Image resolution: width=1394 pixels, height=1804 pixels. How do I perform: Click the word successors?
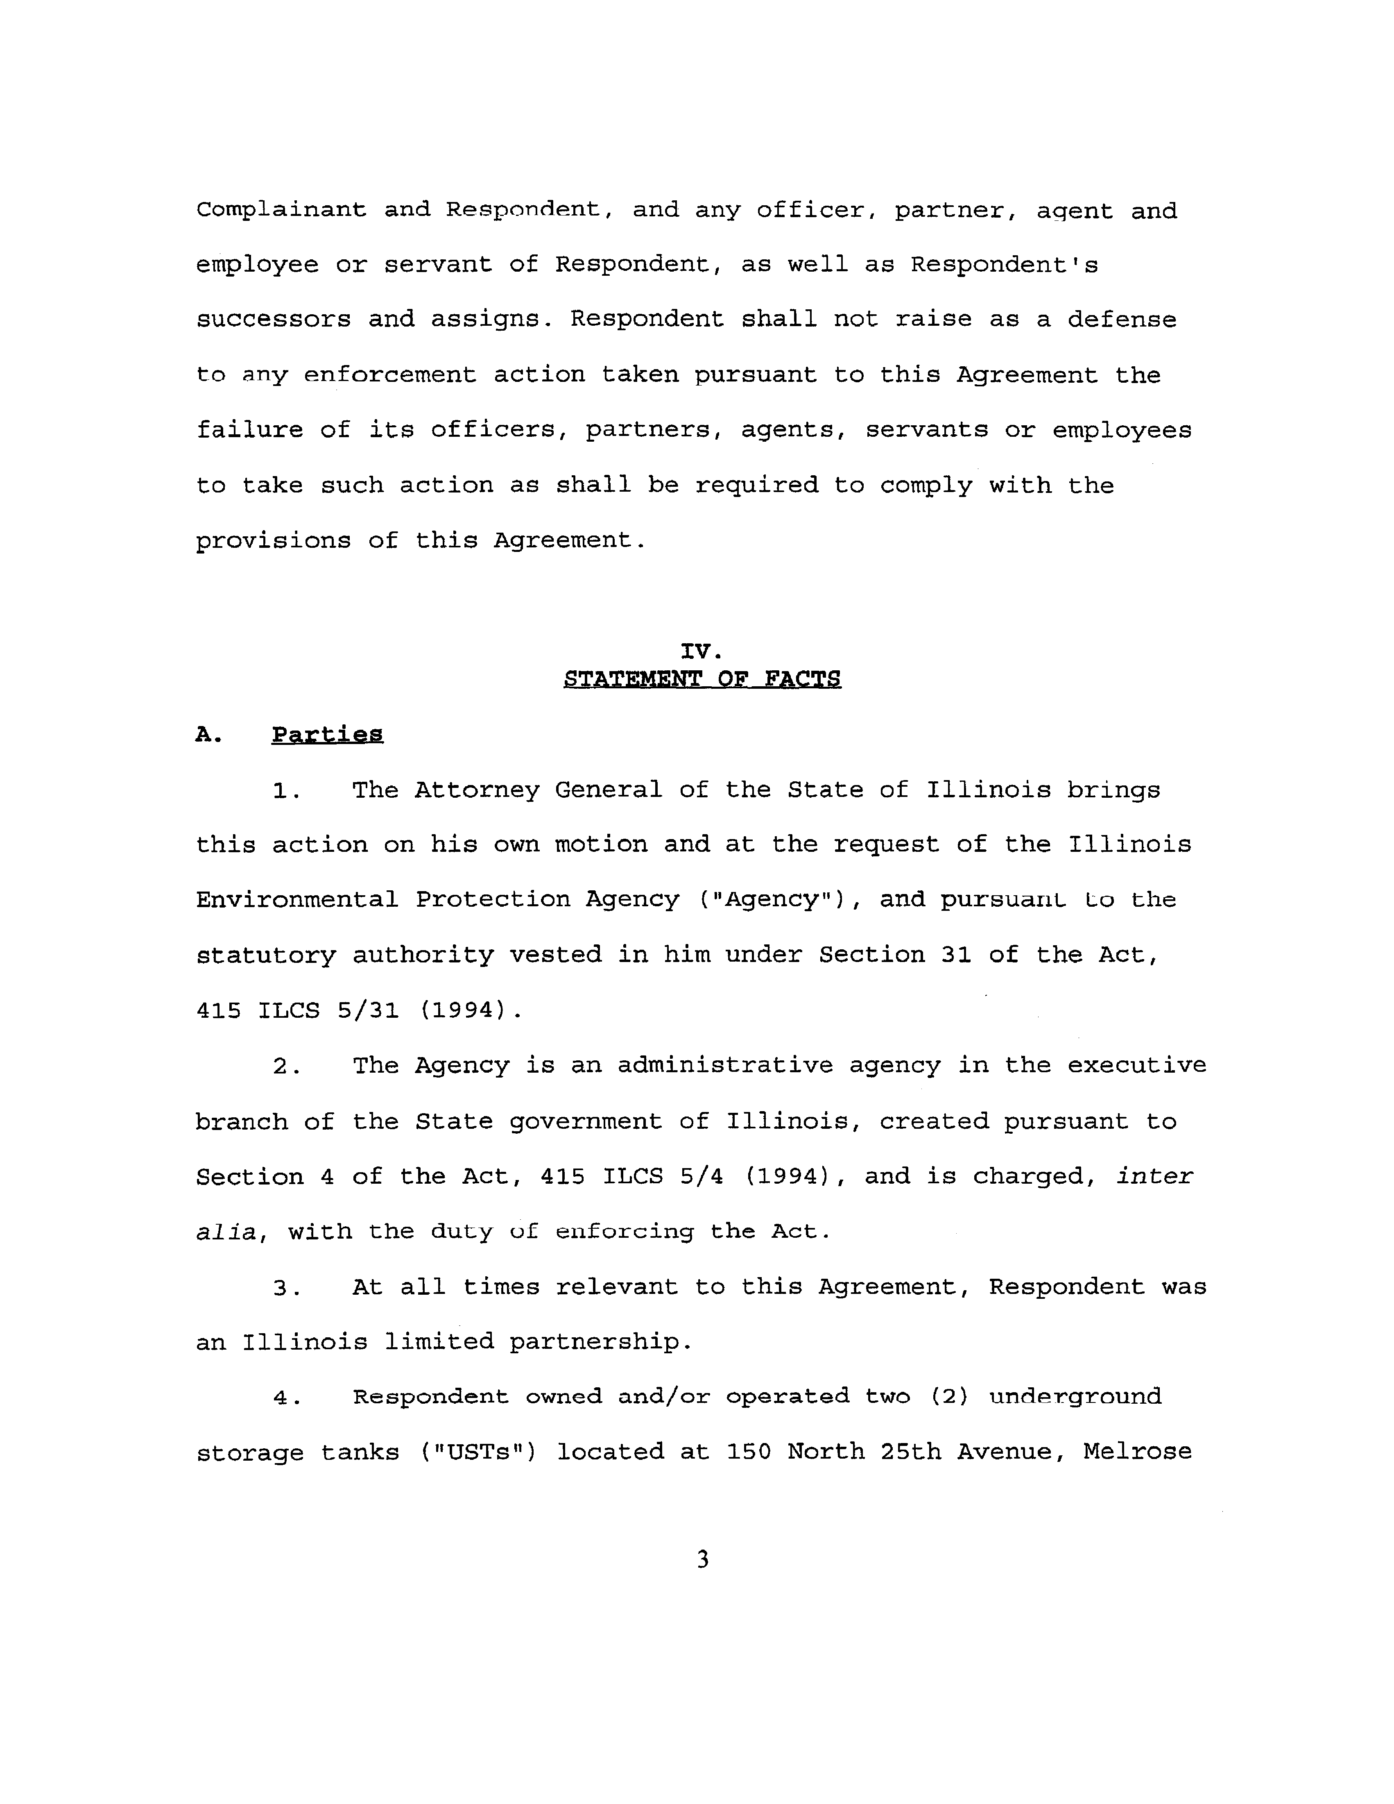click(273, 320)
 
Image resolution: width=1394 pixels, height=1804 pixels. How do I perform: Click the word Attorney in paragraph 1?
click(477, 790)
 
